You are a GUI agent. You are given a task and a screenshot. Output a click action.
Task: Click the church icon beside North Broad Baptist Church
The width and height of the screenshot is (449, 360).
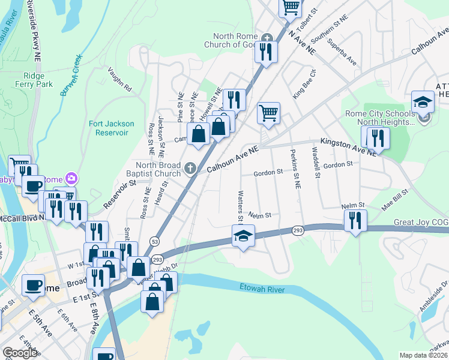coord(191,168)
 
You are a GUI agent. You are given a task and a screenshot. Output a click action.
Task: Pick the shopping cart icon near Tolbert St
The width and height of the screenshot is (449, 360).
coord(291,7)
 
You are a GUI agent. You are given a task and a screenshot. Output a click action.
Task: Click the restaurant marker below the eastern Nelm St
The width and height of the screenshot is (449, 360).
coord(357,220)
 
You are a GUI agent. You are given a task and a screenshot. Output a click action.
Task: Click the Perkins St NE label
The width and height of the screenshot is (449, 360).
coord(294,170)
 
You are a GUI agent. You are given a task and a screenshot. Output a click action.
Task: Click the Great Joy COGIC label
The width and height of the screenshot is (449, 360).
coord(420,222)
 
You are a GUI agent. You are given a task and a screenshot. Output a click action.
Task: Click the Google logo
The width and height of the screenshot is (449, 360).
coord(20,353)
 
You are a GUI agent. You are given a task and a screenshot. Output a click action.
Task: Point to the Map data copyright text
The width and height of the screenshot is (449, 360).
coord(423,355)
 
